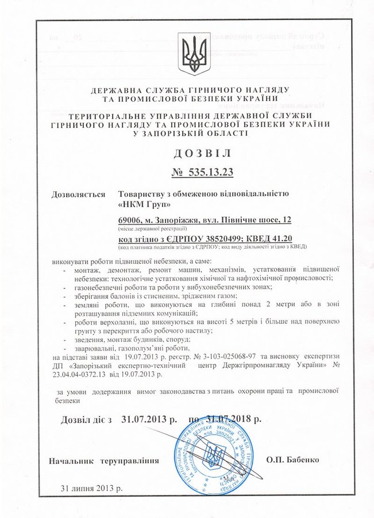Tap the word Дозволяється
[x=79, y=194]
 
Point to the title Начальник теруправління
[x=103, y=462]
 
